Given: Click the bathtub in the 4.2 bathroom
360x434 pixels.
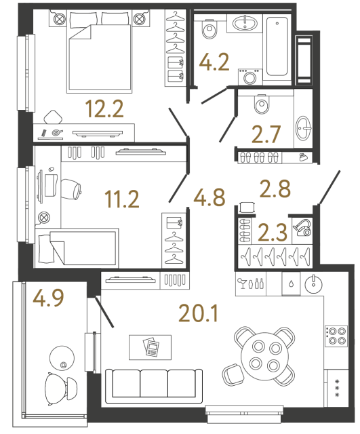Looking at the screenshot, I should tap(279, 48).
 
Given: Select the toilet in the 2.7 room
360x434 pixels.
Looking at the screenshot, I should tap(262, 106).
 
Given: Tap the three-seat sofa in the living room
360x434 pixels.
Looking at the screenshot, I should tap(155, 387).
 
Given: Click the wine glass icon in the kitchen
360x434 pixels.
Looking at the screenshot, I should tap(241, 283).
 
